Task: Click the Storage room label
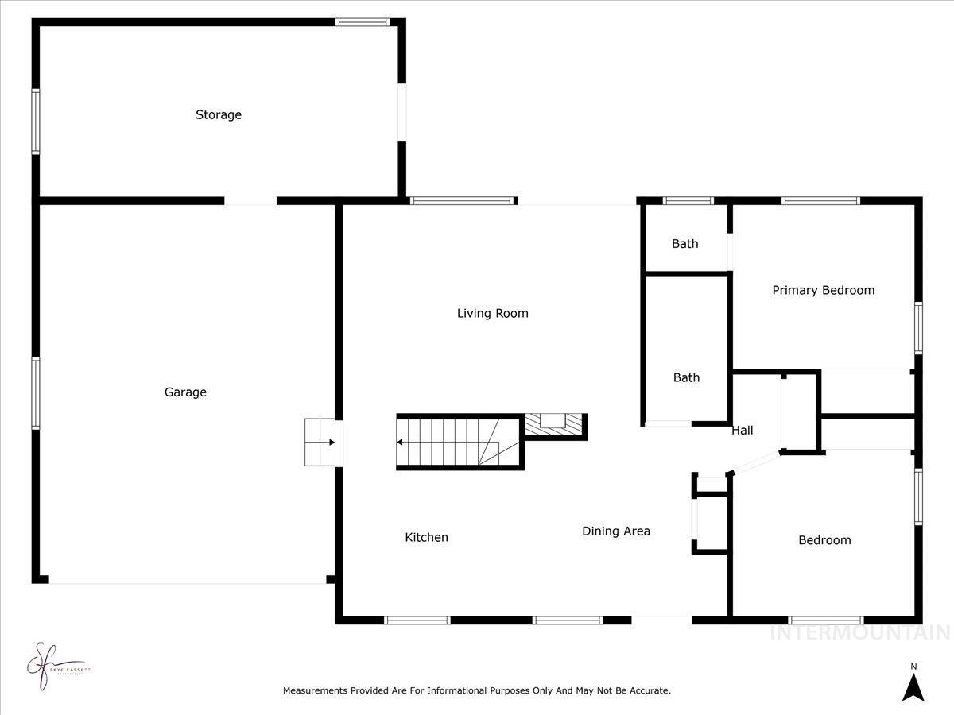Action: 219,114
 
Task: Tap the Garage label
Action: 185,392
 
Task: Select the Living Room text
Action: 492,313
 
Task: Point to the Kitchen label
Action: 427,537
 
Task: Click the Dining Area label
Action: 616,531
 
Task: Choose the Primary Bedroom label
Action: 823,290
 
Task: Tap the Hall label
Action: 743,430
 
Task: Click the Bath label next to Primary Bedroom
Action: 684,243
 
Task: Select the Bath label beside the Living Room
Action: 686,377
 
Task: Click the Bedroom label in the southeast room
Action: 824,540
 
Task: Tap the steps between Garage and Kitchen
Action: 321,443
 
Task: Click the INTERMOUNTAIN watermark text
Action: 859,632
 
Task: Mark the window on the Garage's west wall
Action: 36,393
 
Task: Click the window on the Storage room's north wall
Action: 363,22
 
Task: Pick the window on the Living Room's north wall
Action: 462,201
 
